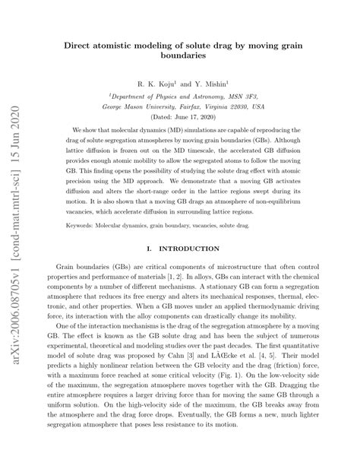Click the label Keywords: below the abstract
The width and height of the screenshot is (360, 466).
pos(75,247)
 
